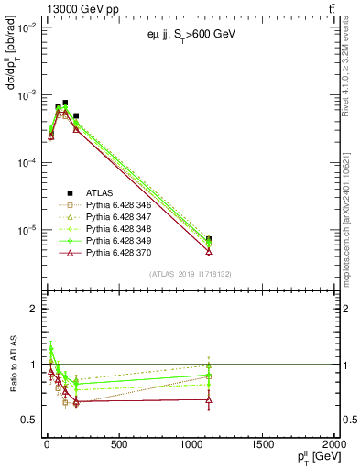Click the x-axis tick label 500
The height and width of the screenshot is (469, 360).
click(x=118, y=445)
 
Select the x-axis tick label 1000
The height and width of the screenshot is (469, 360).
click(x=191, y=445)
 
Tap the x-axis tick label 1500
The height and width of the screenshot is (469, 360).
click(x=263, y=445)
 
